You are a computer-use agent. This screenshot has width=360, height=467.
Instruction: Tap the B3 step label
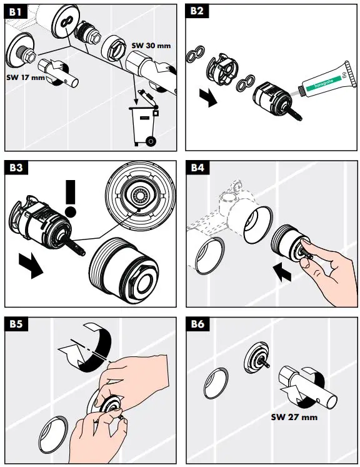click(x=16, y=168)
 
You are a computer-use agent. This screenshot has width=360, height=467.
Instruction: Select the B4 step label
click(x=198, y=168)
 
